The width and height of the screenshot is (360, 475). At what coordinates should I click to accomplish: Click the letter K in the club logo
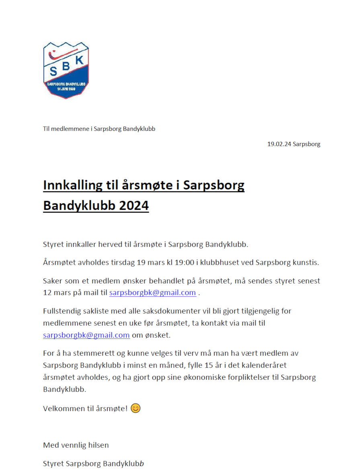click(x=80, y=60)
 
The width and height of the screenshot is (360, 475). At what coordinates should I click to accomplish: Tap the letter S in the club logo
click(x=53, y=71)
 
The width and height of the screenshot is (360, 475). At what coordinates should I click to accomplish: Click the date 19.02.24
click(x=279, y=144)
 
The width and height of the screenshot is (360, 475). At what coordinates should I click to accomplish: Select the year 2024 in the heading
click(x=134, y=206)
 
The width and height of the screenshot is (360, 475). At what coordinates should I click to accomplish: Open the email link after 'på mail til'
click(x=153, y=293)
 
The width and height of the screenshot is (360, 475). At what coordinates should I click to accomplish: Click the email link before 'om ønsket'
click(x=86, y=335)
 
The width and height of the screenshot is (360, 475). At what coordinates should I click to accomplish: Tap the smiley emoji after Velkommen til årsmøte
click(x=136, y=408)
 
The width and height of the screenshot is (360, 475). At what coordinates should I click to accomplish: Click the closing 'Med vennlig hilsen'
click(x=76, y=445)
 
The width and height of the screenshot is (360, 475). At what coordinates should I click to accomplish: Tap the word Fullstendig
click(x=63, y=311)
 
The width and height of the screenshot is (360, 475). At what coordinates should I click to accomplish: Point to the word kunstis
click(x=307, y=263)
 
